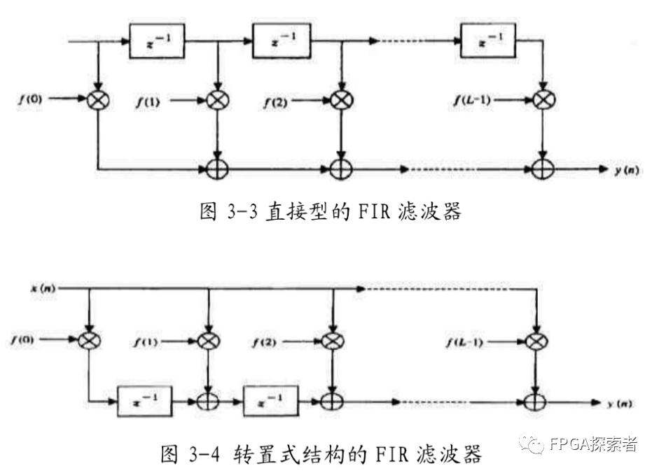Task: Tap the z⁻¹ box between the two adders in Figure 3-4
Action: (270, 401)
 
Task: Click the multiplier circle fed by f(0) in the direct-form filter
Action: (99, 100)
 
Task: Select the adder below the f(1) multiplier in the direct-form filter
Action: (219, 169)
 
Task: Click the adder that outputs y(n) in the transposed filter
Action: (536, 402)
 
